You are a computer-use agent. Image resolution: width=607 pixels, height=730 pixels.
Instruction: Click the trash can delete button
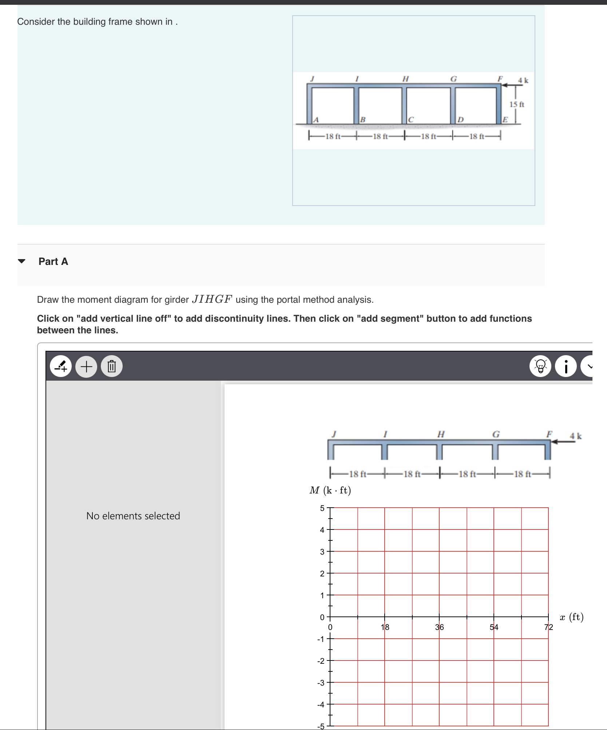[112, 366]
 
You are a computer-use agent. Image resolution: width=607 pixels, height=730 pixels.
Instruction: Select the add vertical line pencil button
[61, 366]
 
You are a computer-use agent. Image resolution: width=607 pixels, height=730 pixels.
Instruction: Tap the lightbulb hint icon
[540, 366]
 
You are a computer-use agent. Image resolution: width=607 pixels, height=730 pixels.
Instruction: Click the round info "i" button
[566, 366]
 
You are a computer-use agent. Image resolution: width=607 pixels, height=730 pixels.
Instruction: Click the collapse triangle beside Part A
[22, 261]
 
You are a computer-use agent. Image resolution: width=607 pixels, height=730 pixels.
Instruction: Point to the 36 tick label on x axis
[440, 627]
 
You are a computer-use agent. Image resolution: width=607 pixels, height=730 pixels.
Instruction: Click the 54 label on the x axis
[494, 627]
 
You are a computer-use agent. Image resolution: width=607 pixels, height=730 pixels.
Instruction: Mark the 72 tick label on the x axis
[548, 627]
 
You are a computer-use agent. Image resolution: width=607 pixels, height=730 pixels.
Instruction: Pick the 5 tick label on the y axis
[322, 508]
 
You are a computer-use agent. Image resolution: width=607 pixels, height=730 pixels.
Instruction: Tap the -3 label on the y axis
[320, 683]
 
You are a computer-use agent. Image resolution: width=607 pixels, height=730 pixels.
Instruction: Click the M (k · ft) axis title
[330, 490]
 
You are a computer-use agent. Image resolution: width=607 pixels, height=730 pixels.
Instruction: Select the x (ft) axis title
[571, 617]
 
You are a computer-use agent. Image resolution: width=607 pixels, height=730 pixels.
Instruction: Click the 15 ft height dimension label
[517, 104]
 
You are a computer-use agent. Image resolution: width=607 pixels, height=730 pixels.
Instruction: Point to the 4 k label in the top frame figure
[523, 80]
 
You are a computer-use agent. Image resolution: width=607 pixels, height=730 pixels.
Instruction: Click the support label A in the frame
[316, 120]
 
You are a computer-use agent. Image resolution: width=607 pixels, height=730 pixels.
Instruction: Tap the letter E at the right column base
[505, 120]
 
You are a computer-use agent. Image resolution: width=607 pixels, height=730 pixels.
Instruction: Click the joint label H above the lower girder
[441, 434]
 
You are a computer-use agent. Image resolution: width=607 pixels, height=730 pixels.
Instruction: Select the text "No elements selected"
[133, 516]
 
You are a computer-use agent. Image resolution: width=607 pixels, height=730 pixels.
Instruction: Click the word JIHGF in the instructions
[212, 299]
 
